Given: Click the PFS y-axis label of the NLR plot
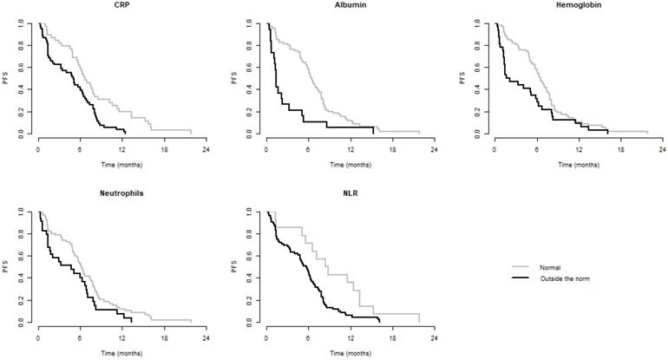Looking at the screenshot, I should tap(235, 266).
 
